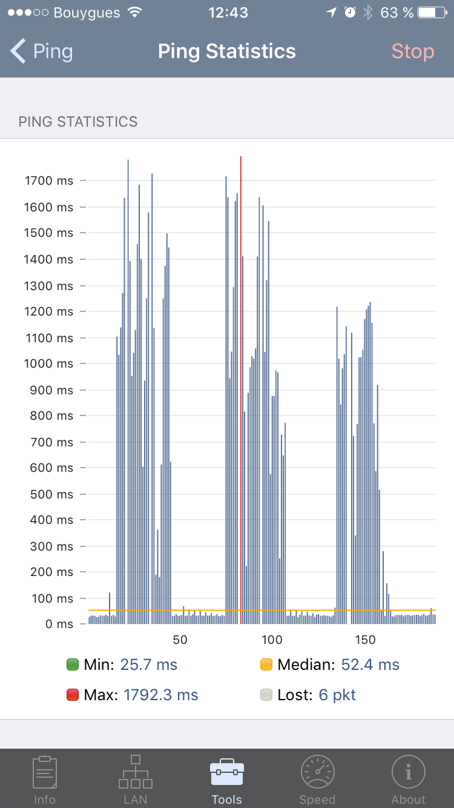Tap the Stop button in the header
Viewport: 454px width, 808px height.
[x=412, y=51]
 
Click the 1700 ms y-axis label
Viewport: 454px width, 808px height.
[x=48, y=180]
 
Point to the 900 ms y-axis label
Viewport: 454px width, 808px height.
[x=51, y=390]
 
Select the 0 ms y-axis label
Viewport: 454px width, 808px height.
[x=59, y=624]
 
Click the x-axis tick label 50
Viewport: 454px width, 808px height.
[x=180, y=640]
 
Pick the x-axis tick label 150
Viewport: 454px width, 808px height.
[x=365, y=640]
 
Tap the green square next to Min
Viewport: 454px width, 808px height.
[x=73, y=665]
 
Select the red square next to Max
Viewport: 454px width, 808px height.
[x=73, y=695]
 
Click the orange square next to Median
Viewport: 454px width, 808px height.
[x=266, y=665]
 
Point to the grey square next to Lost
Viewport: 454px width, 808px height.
[x=266, y=695]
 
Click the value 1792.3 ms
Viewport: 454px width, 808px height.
[x=160, y=695]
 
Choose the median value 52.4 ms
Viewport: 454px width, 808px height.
[x=370, y=665]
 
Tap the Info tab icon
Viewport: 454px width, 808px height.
[x=45, y=772]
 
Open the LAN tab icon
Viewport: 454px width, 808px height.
[x=136, y=772]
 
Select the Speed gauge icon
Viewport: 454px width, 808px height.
[x=317, y=772]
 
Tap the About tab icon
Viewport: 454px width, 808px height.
[x=409, y=772]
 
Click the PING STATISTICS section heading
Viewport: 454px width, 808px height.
[x=78, y=122]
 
